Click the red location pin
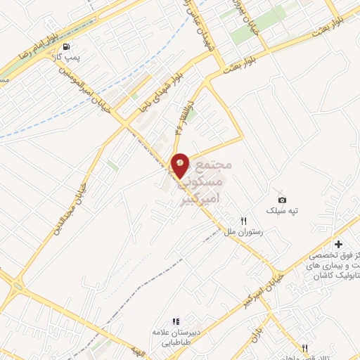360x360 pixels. point(180,165)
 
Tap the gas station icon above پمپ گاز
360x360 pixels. point(66,49)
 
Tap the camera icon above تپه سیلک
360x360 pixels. point(282,200)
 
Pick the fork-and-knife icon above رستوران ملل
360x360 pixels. point(243,220)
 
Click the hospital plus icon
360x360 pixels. point(339,244)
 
